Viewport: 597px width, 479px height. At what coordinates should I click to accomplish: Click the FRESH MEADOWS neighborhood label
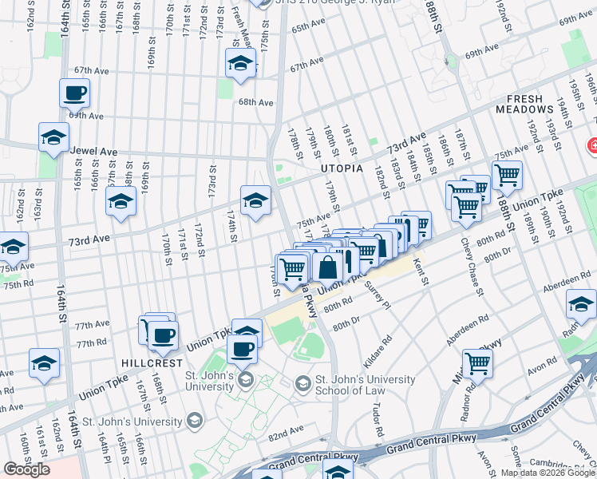click(x=524, y=103)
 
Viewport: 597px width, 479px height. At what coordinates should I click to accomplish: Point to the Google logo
click(x=26, y=469)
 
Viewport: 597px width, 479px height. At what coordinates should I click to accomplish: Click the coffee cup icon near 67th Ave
click(x=74, y=93)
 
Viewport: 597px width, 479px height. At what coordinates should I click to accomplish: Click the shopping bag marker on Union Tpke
click(x=327, y=267)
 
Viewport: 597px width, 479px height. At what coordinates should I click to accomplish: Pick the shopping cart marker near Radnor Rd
click(x=477, y=363)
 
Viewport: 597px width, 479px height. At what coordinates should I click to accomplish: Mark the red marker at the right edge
click(x=592, y=146)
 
